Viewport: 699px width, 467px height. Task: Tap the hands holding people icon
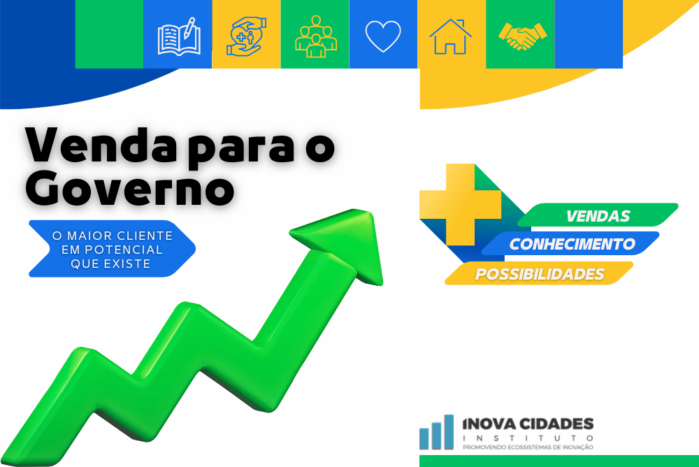[x=247, y=37]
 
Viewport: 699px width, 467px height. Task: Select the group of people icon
[x=315, y=34]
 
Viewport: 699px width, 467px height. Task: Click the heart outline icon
[x=383, y=36]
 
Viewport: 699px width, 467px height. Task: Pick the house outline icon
[x=450, y=36]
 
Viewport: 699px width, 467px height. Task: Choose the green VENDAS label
[x=598, y=215]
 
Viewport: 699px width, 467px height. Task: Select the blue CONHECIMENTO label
[x=572, y=244]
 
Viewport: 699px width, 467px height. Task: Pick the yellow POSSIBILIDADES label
[x=539, y=274]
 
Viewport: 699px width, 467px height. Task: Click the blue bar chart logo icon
[x=437, y=433]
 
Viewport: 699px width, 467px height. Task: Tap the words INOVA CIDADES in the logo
[x=528, y=424]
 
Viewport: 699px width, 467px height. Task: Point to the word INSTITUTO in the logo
[x=528, y=438]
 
